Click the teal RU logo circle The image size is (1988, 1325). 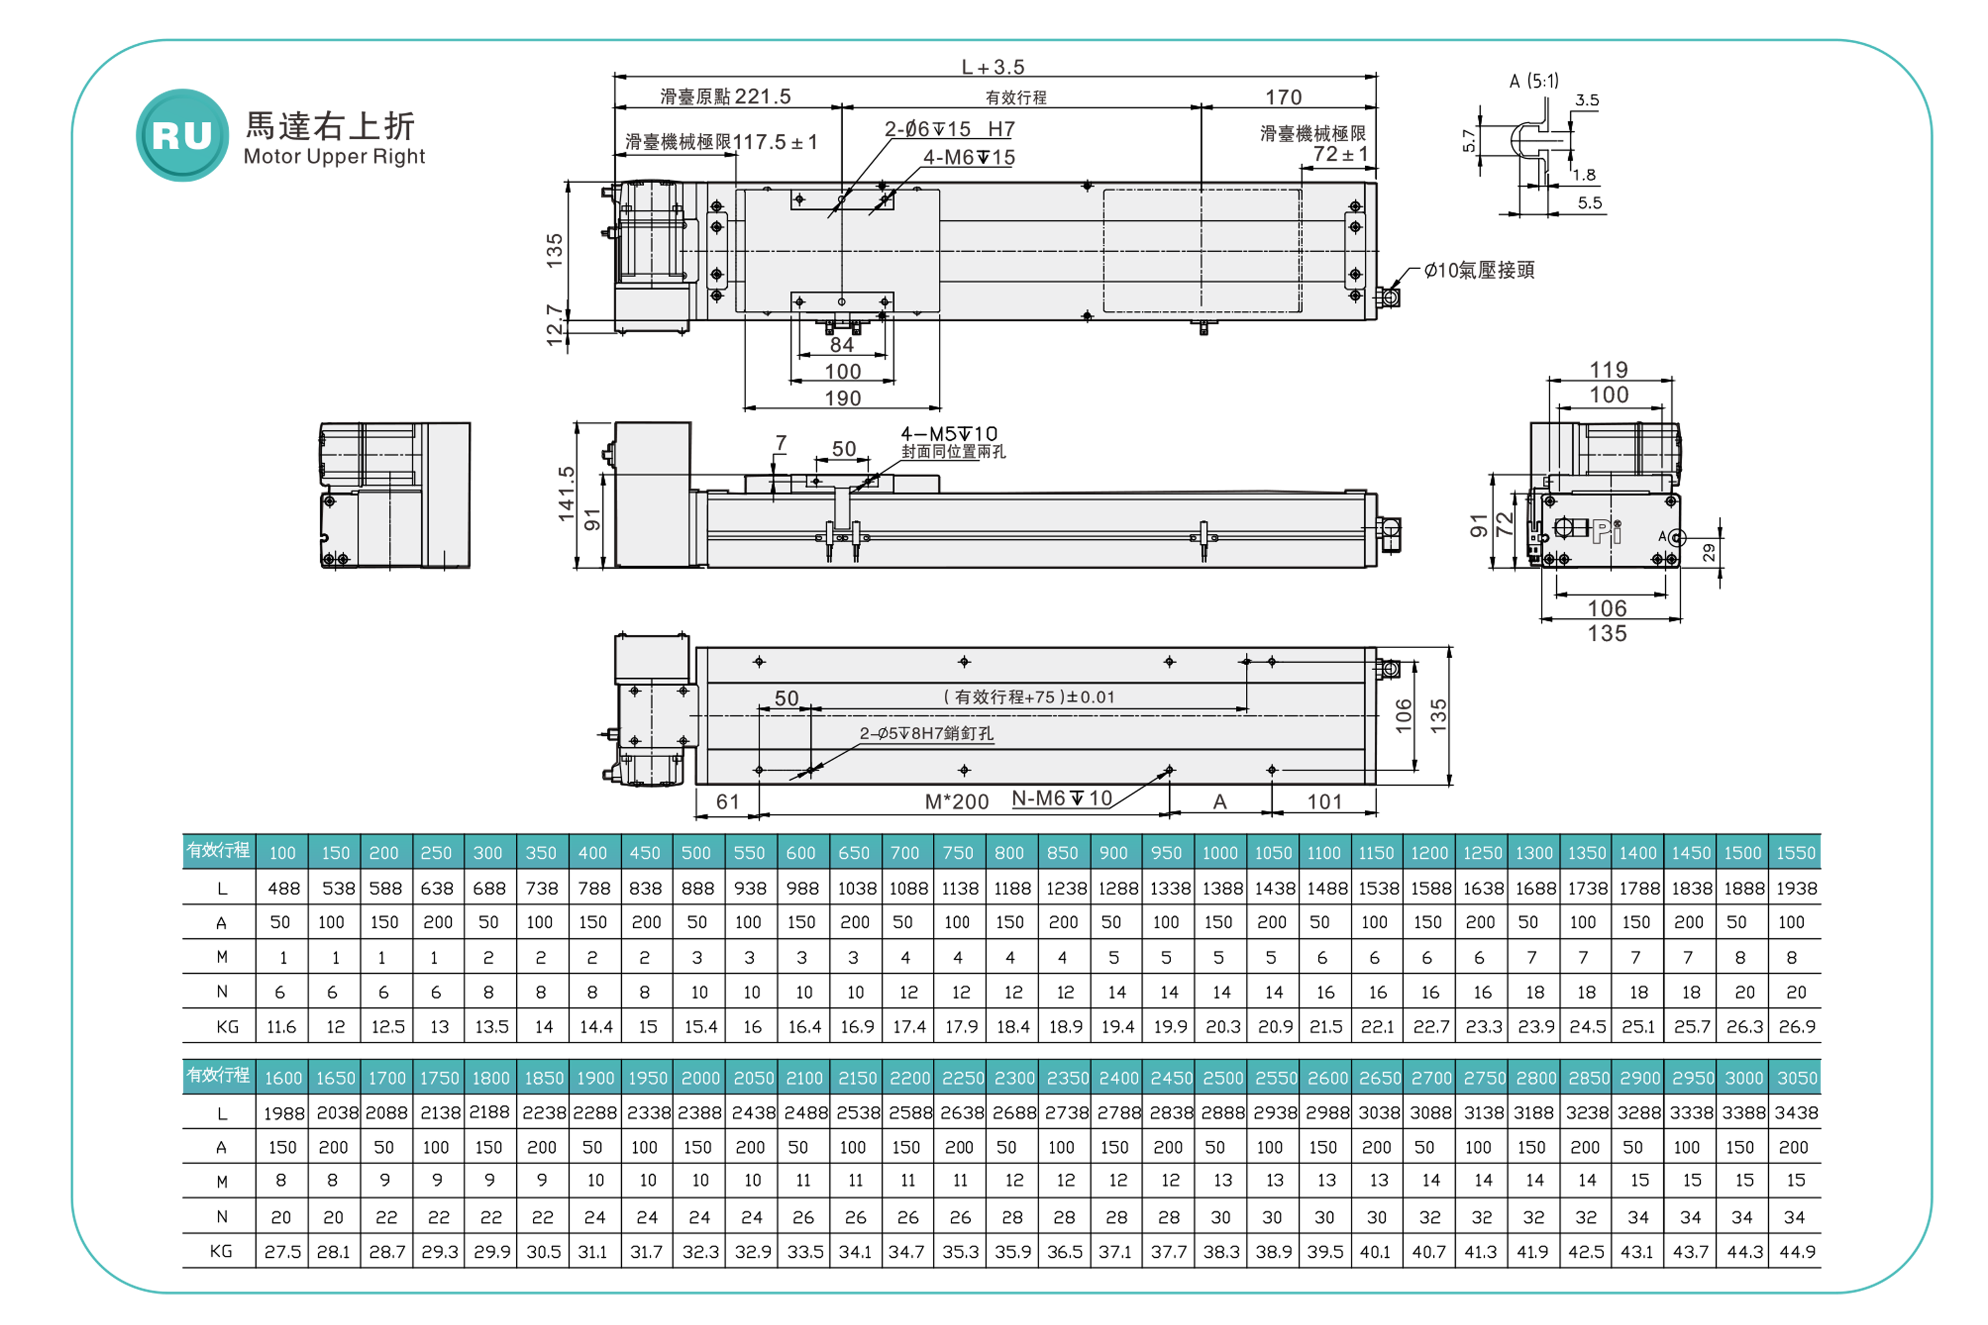(182, 135)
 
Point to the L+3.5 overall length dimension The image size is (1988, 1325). (993, 67)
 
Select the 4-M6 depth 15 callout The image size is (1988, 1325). (969, 157)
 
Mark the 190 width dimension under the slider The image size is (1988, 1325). (843, 398)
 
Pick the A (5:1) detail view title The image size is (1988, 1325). (1534, 81)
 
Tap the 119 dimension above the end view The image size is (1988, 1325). (1608, 369)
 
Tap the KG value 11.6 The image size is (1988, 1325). (281, 1027)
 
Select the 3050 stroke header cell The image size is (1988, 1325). (1796, 1077)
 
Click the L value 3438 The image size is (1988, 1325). (1796, 1113)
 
